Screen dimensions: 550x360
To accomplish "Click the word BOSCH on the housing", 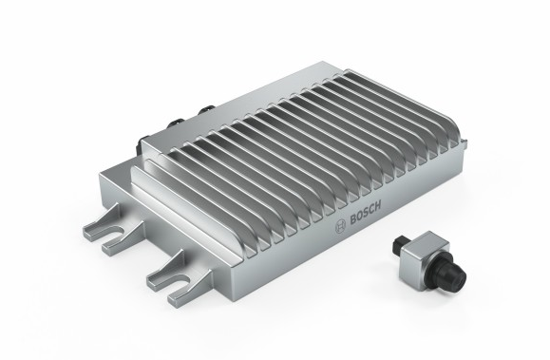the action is click(x=365, y=213).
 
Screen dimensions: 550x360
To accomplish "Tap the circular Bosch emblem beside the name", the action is click(x=340, y=227).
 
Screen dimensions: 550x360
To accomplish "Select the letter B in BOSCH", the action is click(x=352, y=220).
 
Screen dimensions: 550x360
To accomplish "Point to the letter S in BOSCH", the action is click(x=366, y=213).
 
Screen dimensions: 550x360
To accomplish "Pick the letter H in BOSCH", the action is click(x=378, y=205).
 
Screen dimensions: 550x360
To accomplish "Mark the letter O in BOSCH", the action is click(x=359, y=217).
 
